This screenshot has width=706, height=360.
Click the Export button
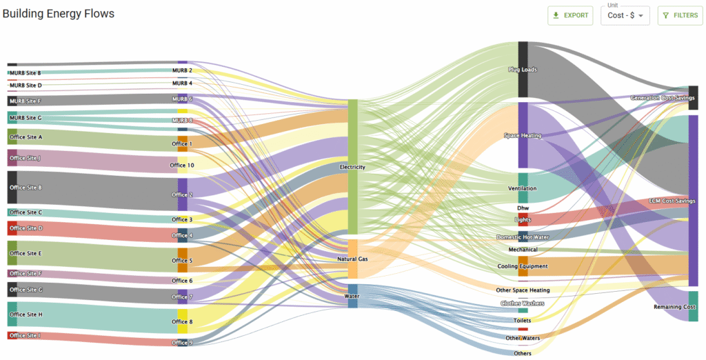click(570, 15)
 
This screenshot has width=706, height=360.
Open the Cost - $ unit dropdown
click(625, 16)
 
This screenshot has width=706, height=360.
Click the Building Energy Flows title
click(59, 14)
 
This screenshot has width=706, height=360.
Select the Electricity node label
click(352, 167)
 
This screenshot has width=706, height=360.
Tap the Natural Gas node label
click(352, 259)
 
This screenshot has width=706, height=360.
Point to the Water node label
click(352, 296)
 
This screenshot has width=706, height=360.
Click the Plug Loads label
click(522, 70)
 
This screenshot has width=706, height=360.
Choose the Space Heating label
click(522, 135)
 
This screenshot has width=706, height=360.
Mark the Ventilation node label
click(522, 188)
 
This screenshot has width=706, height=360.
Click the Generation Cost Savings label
click(663, 98)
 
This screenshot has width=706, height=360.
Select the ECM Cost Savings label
click(672, 201)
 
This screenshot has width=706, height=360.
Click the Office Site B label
click(26, 188)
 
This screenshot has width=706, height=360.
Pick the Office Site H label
click(26, 314)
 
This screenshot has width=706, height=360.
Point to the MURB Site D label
click(26, 86)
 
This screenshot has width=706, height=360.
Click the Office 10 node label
click(182, 166)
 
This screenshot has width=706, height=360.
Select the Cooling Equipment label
click(522, 266)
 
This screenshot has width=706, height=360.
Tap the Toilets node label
click(522, 320)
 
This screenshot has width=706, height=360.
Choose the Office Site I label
click(26, 336)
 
